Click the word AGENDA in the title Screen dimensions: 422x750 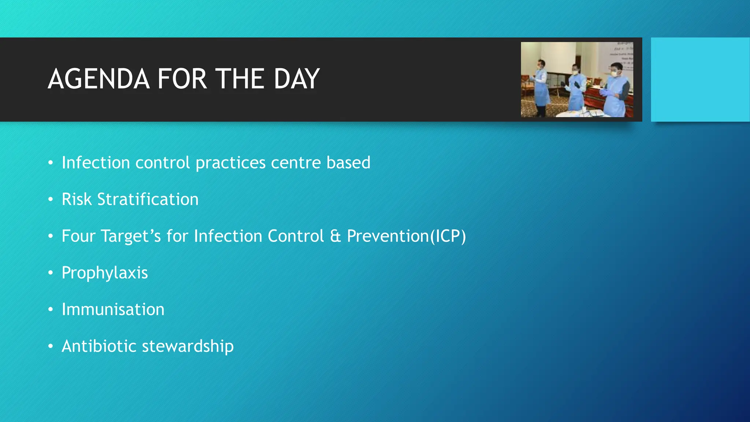[x=99, y=79]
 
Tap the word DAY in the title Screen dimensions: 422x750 [x=297, y=79]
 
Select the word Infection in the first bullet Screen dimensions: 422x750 [x=96, y=163]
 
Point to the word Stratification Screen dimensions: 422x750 [x=148, y=199]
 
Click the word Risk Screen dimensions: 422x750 [x=76, y=199]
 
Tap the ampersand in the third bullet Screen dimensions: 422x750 [x=335, y=236]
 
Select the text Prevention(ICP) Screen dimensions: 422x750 [x=406, y=236]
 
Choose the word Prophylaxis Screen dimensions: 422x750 [x=105, y=273]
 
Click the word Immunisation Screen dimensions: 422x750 [x=113, y=310]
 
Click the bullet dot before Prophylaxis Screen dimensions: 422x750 [x=51, y=273]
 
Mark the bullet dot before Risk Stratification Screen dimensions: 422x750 [x=51, y=200]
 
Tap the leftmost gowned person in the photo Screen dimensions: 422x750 [x=541, y=86]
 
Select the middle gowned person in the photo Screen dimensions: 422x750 [x=576, y=90]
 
